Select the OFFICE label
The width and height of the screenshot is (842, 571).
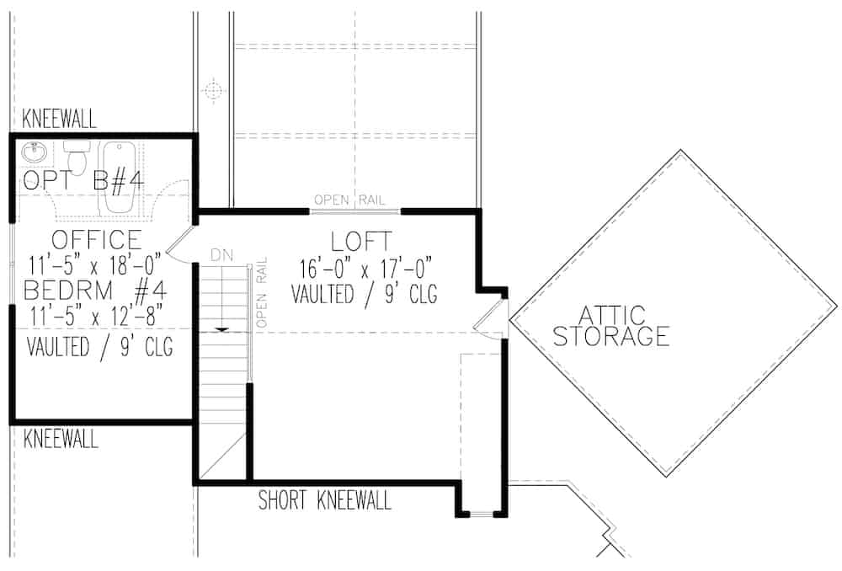pos(96,240)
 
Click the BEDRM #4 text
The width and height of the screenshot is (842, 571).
pos(96,291)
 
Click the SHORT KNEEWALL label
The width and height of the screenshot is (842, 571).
pos(324,502)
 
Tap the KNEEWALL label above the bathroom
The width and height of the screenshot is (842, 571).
pos(59,117)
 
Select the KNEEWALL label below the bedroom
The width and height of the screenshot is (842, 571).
pos(59,439)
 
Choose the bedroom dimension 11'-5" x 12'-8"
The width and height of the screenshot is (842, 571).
pos(96,318)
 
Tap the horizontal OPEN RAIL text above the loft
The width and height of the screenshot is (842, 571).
pos(349,200)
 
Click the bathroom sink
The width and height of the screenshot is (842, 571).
pos(34,154)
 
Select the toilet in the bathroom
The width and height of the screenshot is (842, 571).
pos(77,158)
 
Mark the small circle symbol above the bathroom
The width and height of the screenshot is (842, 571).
pos(214,88)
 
